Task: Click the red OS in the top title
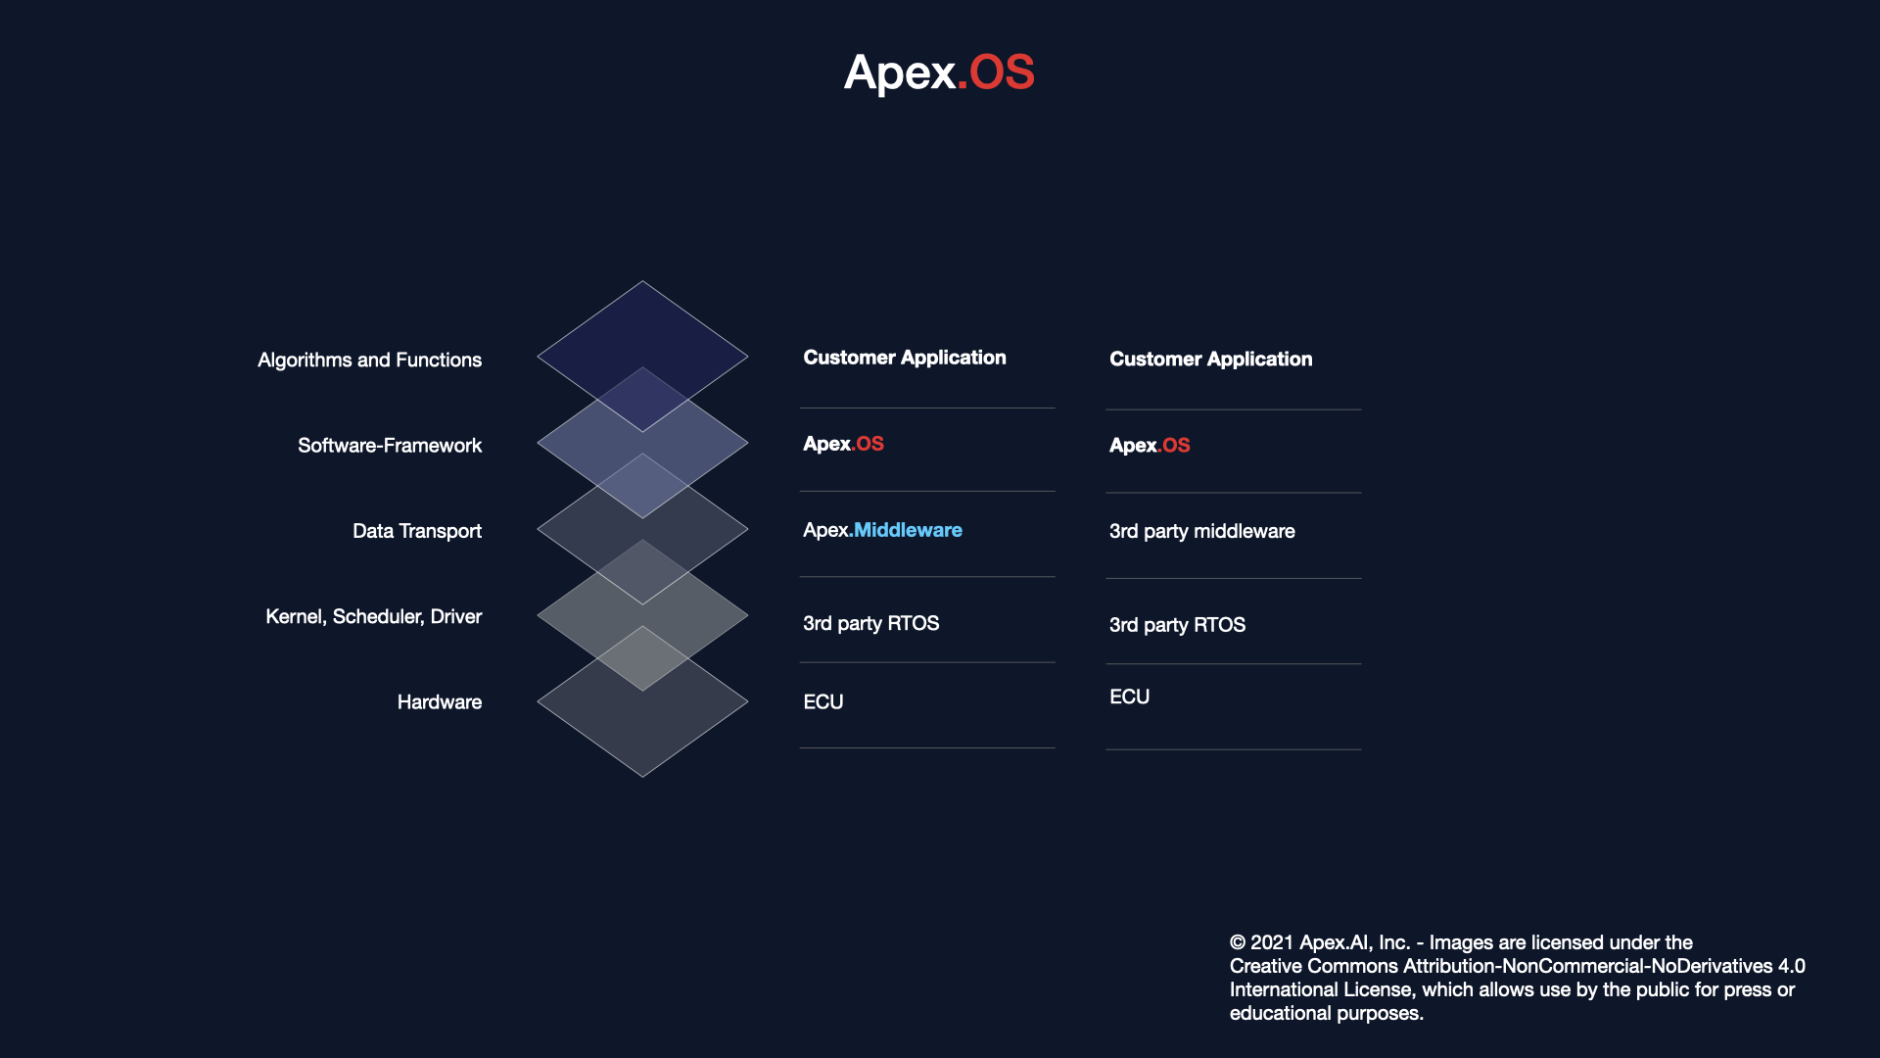pos(1002,72)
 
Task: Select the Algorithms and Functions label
pos(369,361)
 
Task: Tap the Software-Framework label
pos(390,446)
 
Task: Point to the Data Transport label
pos(417,531)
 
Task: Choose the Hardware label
pos(440,702)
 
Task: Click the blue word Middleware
pos(908,530)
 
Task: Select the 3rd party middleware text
pos(1201,531)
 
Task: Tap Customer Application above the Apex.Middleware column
pos(905,358)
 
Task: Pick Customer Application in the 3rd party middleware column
pos(1210,360)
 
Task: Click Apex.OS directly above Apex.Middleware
pos(843,444)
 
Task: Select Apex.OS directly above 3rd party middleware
pos(1150,446)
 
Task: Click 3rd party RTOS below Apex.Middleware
pos(870,623)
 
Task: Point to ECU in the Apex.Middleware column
pos(822,702)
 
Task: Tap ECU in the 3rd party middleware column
pos(1129,697)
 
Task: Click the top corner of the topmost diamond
pos(642,281)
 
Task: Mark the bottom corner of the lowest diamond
pos(642,777)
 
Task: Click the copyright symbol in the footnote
pos(1238,942)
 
